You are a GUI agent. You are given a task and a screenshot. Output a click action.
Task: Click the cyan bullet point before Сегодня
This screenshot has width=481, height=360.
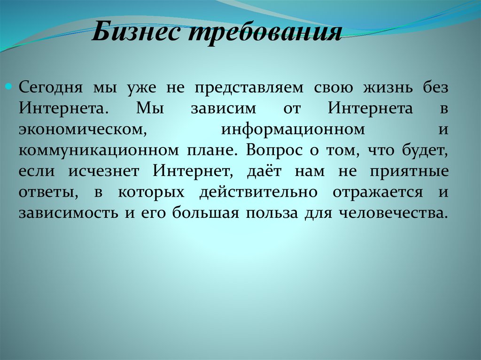14,87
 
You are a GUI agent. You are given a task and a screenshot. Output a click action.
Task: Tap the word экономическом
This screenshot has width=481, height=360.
81,130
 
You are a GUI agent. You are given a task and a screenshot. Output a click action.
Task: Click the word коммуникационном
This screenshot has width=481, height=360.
99,151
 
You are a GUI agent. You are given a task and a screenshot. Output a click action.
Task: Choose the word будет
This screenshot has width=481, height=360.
423,151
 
